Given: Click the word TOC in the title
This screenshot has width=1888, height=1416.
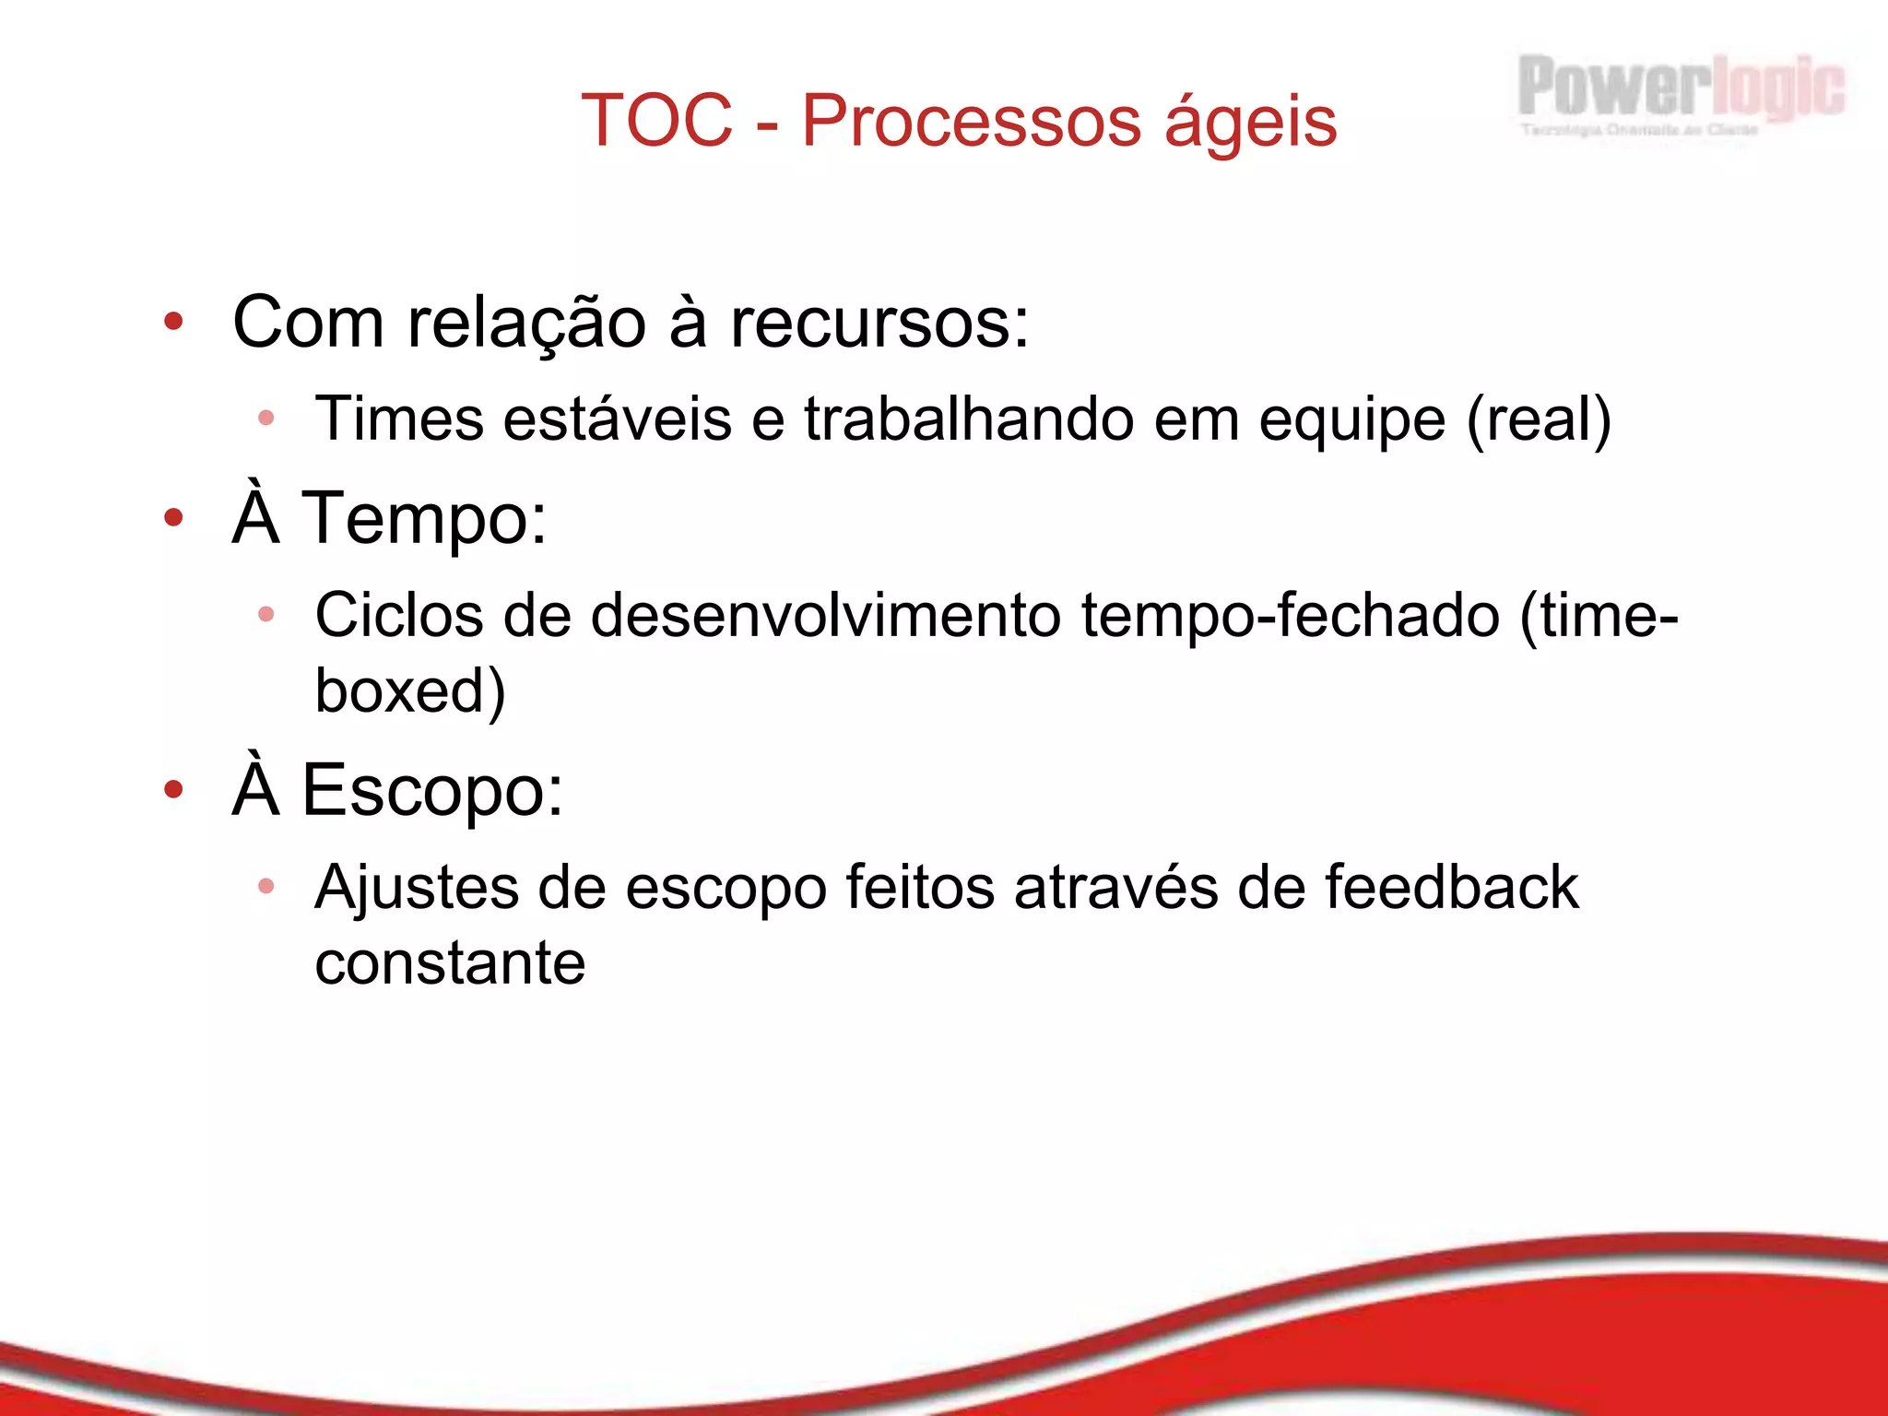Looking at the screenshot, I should click(656, 121).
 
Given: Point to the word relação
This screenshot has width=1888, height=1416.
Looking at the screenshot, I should click(526, 324).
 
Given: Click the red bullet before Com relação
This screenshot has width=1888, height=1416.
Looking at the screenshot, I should click(173, 322).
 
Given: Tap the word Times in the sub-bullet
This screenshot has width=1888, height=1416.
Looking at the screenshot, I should click(398, 419).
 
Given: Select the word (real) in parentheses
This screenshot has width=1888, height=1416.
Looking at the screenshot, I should click(1538, 420).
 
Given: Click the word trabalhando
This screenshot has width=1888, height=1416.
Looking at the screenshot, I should click(968, 419).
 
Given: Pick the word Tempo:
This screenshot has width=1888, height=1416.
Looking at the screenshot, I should click(424, 519).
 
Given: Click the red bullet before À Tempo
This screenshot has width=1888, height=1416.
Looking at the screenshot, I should click(173, 518).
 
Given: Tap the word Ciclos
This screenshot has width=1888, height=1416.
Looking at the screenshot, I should click(398, 616).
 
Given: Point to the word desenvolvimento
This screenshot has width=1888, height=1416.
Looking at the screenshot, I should click(825, 616).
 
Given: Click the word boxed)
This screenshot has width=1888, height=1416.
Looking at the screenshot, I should click(410, 691).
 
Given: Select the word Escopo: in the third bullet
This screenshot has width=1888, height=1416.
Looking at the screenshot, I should click(431, 791).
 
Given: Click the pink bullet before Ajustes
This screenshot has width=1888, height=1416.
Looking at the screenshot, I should click(266, 886).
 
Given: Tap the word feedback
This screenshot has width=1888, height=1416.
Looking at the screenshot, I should click(1451, 888).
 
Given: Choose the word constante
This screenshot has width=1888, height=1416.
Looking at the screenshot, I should click(450, 963).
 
